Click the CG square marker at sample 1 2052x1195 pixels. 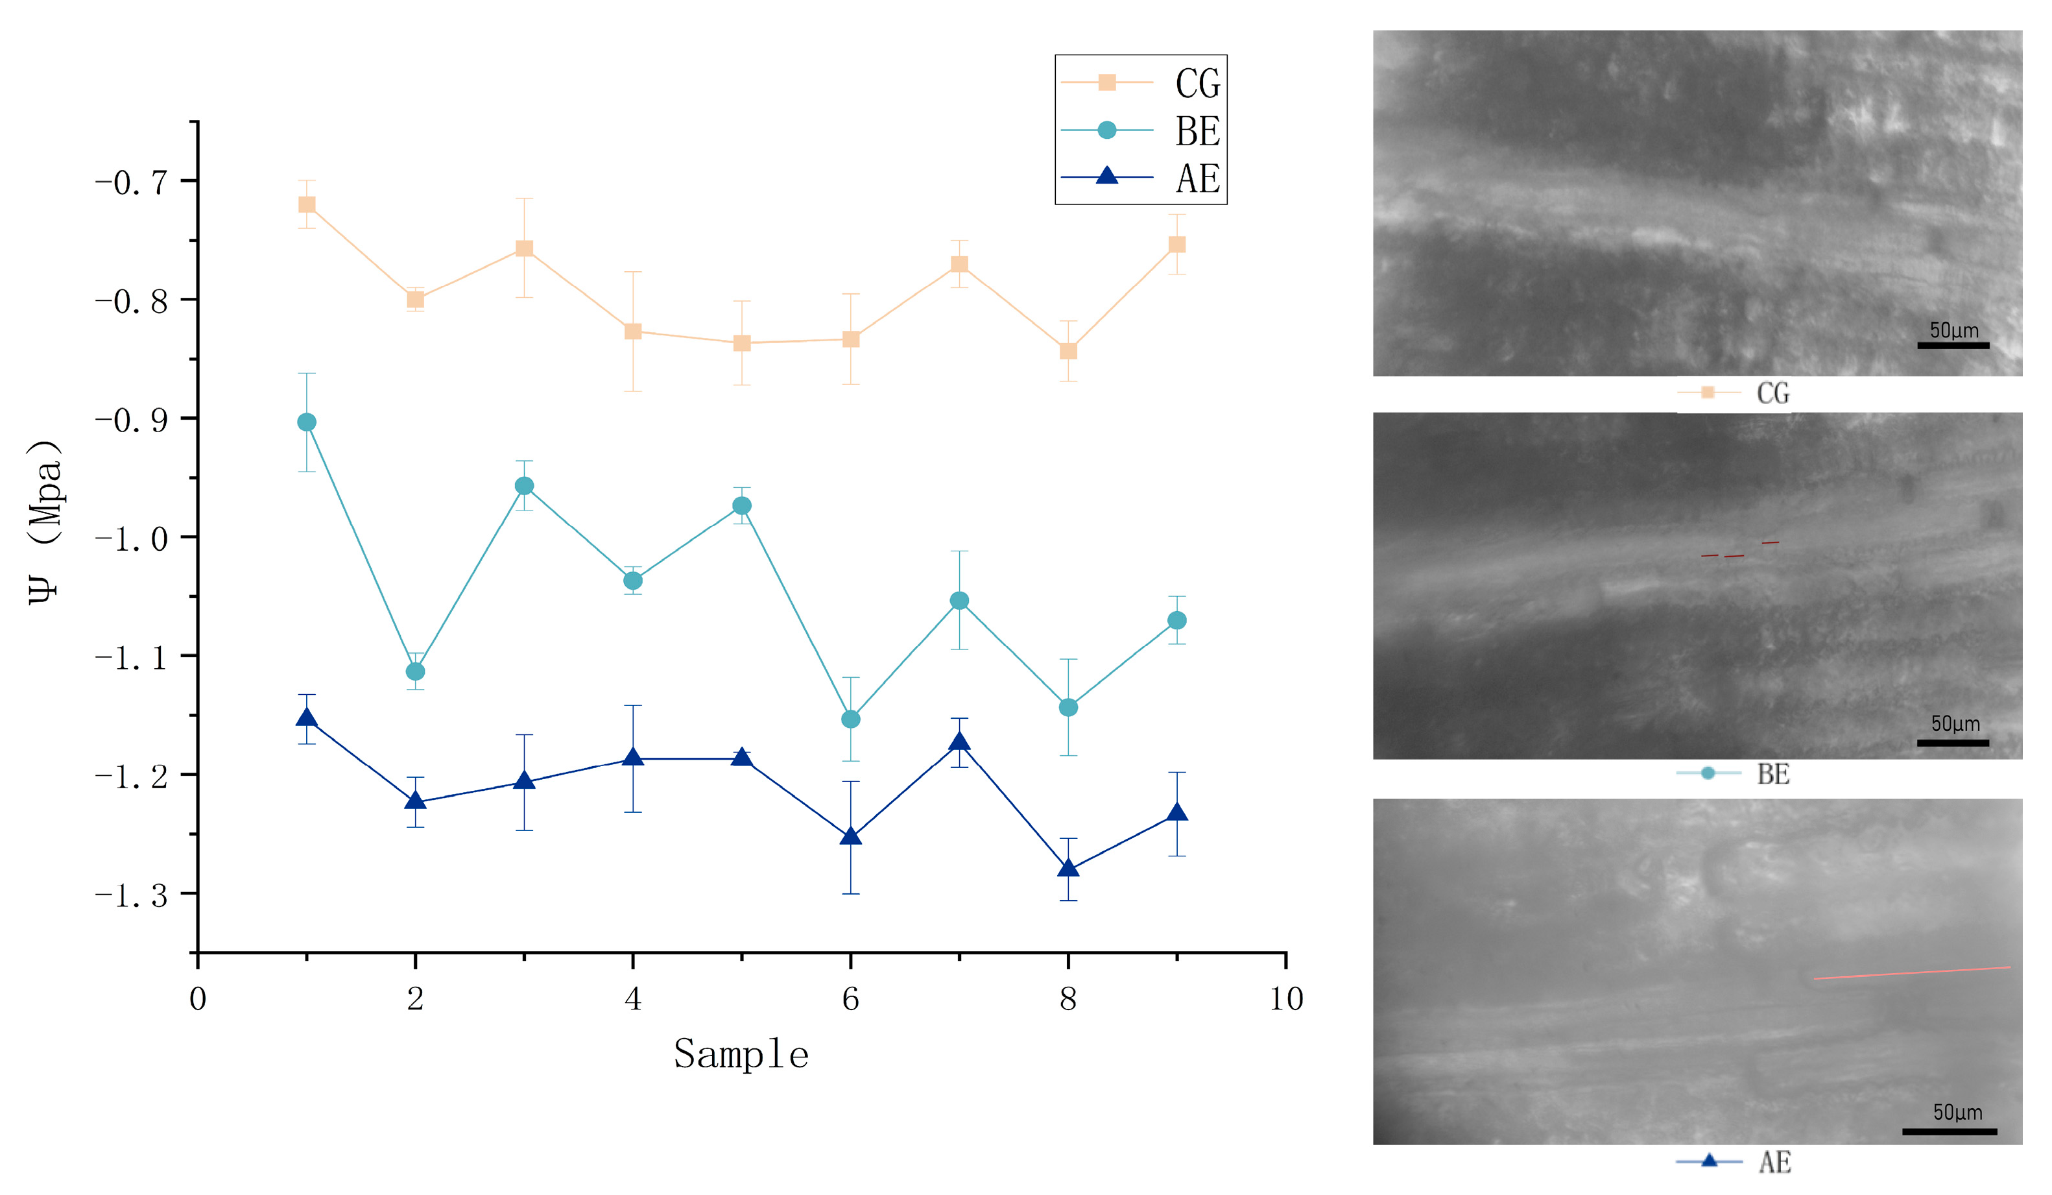tap(306, 204)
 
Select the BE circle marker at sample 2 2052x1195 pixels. tap(415, 671)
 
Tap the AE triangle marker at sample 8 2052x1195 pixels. tap(1068, 868)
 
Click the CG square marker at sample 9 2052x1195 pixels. tap(1176, 245)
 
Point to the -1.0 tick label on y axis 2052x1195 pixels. tap(131, 538)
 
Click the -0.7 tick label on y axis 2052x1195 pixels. tap(131, 182)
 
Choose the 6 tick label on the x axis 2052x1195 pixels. tap(850, 998)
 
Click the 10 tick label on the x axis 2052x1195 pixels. tap(1286, 998)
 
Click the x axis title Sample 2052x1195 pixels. tap(741, 1054)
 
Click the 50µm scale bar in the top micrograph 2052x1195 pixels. tap(1953, 345)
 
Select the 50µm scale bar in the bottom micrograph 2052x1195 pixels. tap(1949, 1131)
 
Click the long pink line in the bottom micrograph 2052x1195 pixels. tap(1911, 972)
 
